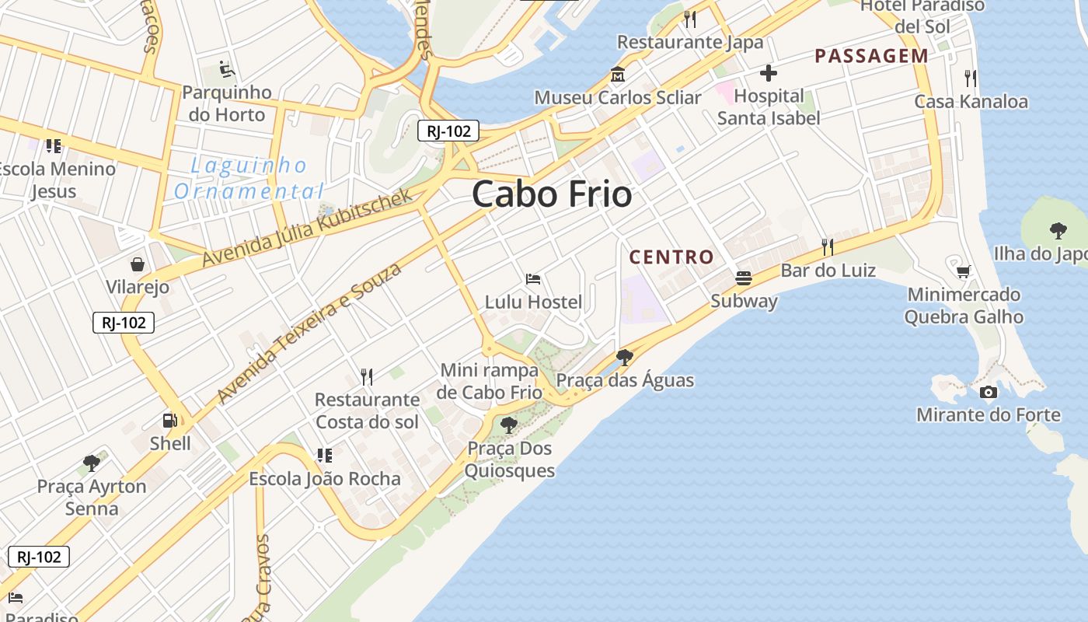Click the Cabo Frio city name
[552, 194]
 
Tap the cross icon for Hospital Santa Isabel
[769, 74]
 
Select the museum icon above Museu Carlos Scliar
[618, 75]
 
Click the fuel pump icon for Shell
[169, 421]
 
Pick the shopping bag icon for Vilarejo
[138, 264]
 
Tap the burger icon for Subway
[744, 278]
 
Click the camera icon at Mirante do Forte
[989, 392]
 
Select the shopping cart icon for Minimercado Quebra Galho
[964, 271]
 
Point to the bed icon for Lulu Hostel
[533, 278]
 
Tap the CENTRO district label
[671, 257]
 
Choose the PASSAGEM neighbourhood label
[871, 56]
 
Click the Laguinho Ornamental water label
[249, 178]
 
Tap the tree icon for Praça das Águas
[624, 357]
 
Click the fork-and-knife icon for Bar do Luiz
[828, 247]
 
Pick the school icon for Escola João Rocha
[324, 455]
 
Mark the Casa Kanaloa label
[971, 101]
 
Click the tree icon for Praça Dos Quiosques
[509, 425]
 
